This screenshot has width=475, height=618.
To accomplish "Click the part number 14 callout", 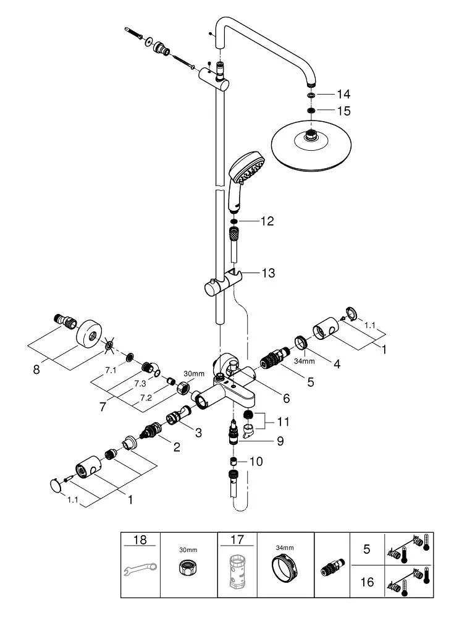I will (x=343, y=95).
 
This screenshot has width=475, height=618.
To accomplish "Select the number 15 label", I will (x=343, y=111).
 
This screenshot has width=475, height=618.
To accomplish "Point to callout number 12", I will (x=267, y=221).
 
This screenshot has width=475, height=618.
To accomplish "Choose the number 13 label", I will (x=268, y=273).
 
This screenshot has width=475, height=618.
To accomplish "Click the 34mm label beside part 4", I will (x=305, y=361).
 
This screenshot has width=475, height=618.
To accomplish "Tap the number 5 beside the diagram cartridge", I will (x=310, y=382).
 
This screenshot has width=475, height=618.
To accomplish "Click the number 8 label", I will (x=36, y=370).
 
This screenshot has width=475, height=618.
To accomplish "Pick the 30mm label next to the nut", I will (x=194, y=374).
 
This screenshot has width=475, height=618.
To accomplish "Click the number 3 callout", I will (x=198, y=433).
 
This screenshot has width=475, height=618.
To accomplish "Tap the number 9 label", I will (x=279, y=442).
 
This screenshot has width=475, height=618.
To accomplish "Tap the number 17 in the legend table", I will (x=237, y=540).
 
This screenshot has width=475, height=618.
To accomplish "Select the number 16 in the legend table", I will (x=366, y=582).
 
